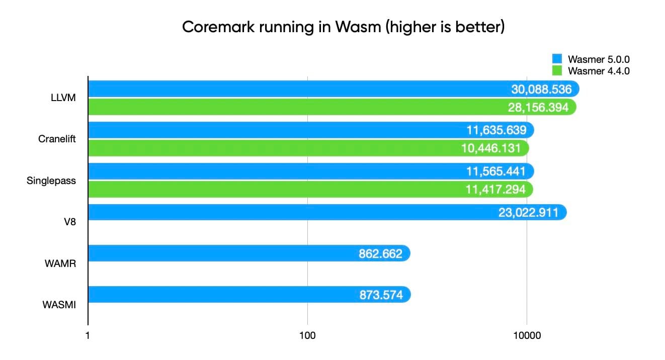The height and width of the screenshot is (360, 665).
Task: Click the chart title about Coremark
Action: coord(343,27)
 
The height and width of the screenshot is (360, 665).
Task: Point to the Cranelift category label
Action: coord(57,139)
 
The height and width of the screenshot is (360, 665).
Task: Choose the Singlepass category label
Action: coord(51,181)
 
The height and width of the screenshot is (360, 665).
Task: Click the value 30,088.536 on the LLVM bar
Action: coord(541,89)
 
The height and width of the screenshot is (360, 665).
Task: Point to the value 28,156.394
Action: coord(538,107)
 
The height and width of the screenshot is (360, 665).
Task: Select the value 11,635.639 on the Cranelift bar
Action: coord(495,130)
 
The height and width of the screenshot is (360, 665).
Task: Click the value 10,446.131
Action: coord(490,148)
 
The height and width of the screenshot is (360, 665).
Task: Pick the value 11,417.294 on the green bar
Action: coord(494,189)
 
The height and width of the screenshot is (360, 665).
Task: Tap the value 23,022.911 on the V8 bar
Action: coord(528,212)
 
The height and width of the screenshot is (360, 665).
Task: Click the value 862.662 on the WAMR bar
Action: coord(380,254)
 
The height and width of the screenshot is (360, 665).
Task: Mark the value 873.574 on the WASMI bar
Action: coord(381,295)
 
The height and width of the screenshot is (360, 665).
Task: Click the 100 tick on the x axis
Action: coord(307,335)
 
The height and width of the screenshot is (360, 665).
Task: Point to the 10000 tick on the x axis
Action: coord(527,335)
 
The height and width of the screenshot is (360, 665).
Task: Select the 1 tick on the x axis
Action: coord(88,335)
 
